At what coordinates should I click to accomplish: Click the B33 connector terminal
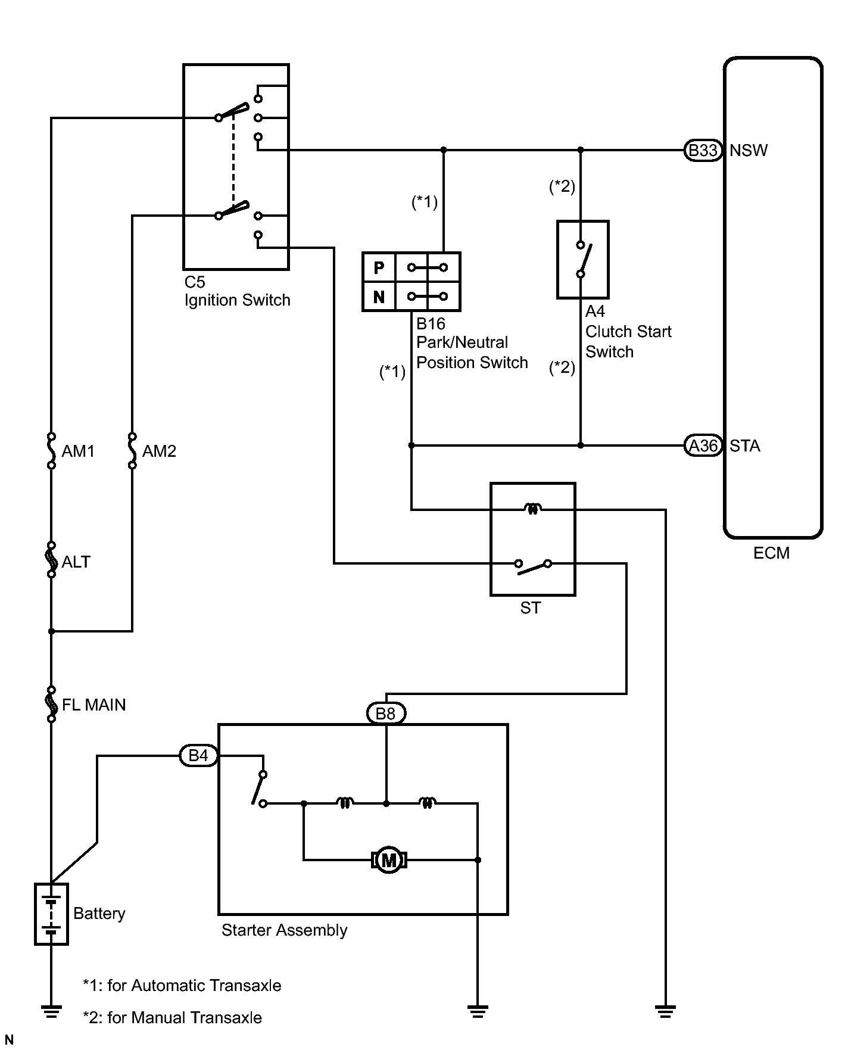tap(703, 150)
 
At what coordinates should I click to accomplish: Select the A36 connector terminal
tap(703, 445)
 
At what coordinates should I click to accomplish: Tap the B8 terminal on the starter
tap(386, 713)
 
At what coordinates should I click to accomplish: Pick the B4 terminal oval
tap(198, 756)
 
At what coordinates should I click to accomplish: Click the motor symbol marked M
tap(389, 860)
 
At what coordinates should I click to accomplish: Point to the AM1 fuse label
tap(79, 451)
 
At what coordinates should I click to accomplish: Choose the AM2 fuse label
tap(159, 451)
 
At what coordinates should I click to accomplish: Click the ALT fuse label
tap(76, 562)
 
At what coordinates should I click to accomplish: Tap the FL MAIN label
tap(94, 705)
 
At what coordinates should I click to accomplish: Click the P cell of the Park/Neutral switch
tap(379, 267)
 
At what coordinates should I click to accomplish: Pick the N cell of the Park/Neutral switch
tap(379, 297)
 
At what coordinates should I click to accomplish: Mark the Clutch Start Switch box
tap(583, 260)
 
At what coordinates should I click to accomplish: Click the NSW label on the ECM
tap(749, 151)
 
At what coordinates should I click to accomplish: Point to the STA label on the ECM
tap(745, 446)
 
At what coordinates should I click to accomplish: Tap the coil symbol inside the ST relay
tap(532, 509)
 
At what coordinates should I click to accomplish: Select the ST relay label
tap(531, 608)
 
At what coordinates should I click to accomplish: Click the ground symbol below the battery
tap(52, 1011)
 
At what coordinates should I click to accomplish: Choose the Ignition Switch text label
tap(238, 300)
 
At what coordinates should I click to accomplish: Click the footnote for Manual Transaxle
tap(173, 1017)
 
